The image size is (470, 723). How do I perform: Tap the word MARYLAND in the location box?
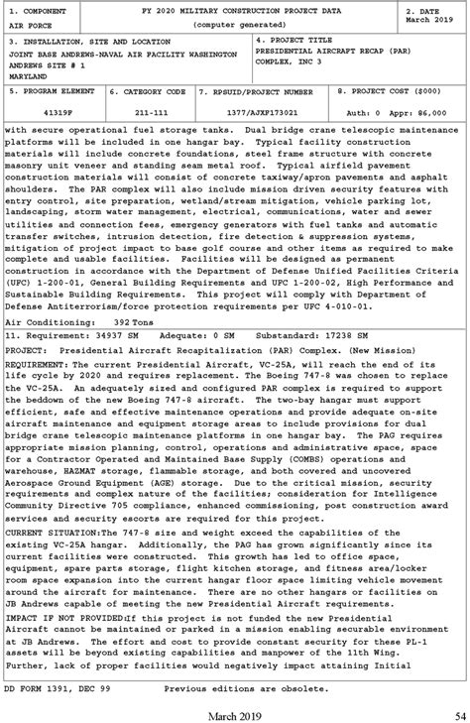tap(29, 73)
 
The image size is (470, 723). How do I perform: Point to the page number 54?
tap(458, 716)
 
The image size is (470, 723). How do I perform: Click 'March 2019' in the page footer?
tap(234, 716)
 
